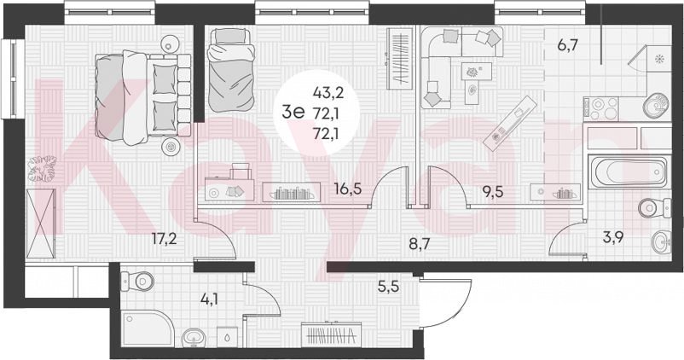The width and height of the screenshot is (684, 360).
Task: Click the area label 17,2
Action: tap(164, 239)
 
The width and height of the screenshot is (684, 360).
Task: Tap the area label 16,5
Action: tap(348, 189)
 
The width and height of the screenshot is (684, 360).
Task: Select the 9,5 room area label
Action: tap(493, 192)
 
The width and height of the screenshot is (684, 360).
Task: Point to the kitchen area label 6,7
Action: tap(567, 44)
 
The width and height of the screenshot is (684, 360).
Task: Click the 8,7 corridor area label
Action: tap(420, 243)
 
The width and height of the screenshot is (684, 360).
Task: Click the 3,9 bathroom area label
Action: tap(612, 237)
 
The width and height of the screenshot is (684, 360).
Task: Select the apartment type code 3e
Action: tap(293, 113)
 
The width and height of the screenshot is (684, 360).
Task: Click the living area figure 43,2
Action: tap(328, 92)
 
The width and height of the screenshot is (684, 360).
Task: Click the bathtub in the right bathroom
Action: tap(628, 171)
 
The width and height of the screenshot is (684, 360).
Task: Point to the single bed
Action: tap(230, 69)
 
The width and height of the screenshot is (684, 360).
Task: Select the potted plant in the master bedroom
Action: tap(42, 168)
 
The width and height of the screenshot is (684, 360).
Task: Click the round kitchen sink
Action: tap(656, 106)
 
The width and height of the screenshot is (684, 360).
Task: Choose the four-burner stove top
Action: tap(601, 108)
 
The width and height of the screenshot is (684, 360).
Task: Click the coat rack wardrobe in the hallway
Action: tap(332, 334)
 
